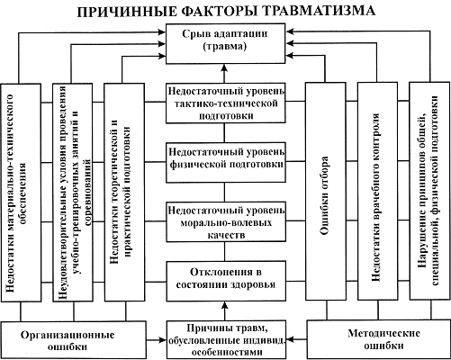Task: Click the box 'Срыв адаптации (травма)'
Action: (225, 43)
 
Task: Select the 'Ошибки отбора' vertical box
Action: (325, 192)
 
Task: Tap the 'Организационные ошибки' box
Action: (74, 339)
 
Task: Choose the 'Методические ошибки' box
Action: (378, 339)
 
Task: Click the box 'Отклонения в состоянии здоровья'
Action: (226, 281)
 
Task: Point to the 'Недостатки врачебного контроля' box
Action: (377, 192)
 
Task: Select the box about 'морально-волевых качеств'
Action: (226, 221)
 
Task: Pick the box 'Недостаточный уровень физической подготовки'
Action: (226, 163)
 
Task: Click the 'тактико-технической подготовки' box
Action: (226, 103)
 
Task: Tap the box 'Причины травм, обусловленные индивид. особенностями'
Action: (226, 339)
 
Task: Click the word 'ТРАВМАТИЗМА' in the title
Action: (320, 11)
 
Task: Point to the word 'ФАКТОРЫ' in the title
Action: (218, 12)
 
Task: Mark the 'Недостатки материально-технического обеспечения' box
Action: (21, 193)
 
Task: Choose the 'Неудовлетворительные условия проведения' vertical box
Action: (73, 193)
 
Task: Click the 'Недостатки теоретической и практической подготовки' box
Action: (124, 193)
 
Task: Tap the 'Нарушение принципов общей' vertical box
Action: (429, 191)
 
